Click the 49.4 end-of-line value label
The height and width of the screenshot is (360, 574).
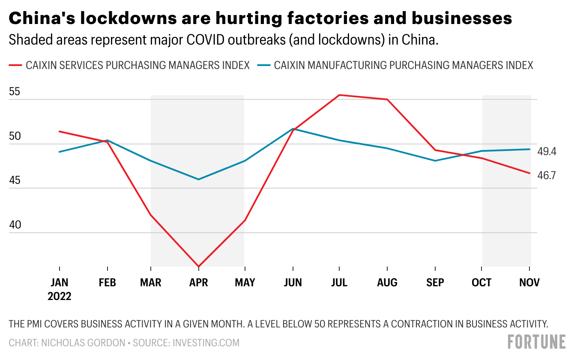tap(547, 151)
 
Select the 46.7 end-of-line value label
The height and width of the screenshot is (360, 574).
tap(547, 175)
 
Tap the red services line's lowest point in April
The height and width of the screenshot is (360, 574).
tap(199, 267)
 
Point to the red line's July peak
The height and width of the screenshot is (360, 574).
tap(339, 95)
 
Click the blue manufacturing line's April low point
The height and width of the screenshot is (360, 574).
tap(199, 179)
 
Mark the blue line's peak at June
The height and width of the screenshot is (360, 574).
tap(293, 129)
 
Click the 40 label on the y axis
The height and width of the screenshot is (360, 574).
tap(15, 225)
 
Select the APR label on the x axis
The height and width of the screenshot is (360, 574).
tap(199, 283)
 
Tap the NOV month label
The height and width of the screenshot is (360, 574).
tap(530, 283)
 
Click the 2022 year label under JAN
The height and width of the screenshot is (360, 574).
tap(60, 297)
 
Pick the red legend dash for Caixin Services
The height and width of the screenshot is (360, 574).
tap(15, 66)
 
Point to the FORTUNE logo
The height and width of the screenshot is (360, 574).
tap(536, 342)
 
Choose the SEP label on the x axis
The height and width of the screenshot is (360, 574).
tap(435, 283)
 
